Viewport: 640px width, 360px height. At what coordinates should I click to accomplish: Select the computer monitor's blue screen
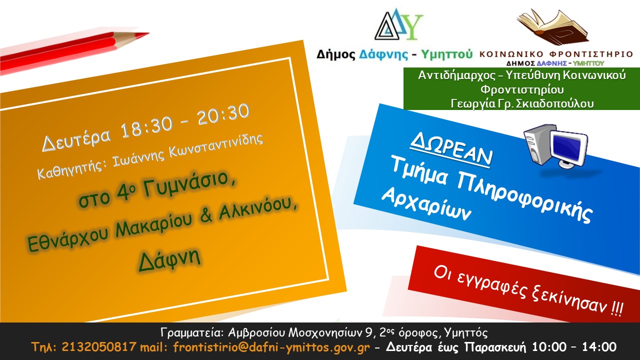click(568, 147)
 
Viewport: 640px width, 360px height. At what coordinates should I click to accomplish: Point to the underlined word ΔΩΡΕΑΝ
click(451, 150)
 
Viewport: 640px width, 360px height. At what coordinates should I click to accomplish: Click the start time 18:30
click(146, 127)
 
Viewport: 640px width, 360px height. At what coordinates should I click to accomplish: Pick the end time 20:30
click(223, 113)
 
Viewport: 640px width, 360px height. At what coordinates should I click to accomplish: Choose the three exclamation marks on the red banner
click(617, 309)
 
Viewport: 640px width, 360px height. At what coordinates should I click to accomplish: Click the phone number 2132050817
click(99, 347)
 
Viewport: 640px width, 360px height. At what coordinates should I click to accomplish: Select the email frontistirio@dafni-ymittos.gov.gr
click(271, 347)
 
